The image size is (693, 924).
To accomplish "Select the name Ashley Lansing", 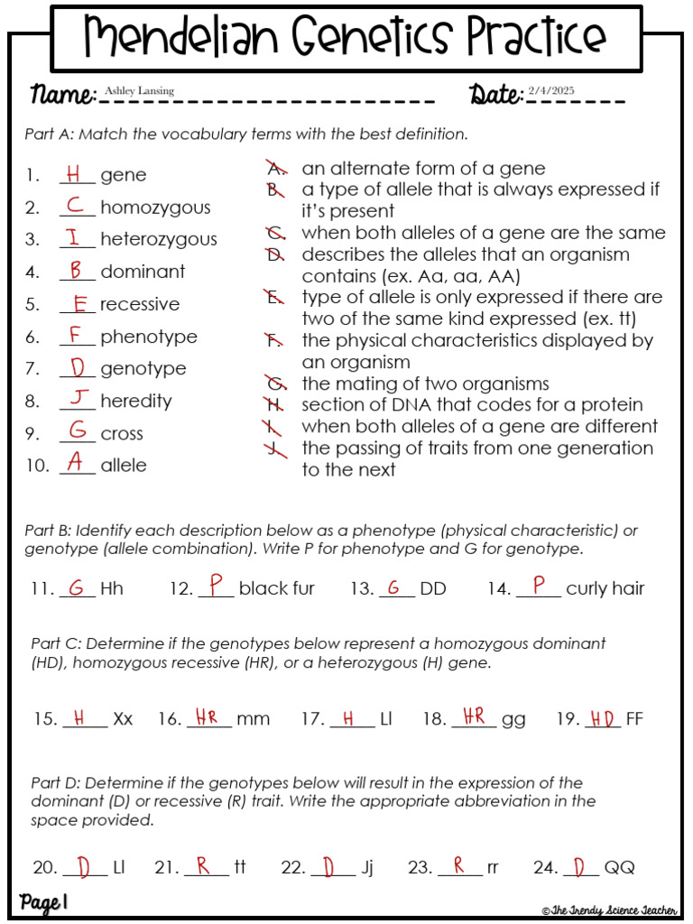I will tap(139, 91).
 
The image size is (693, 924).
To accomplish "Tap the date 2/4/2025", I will tap(551, 91).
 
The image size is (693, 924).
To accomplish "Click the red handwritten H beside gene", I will tap(76, 173).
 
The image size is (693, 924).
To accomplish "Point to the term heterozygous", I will tap(158, 239).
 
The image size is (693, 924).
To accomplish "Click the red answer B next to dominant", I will tap(77, 270).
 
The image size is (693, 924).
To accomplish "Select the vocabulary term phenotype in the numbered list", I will tap(148, 337).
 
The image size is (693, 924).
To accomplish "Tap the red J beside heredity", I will tap(79, 399).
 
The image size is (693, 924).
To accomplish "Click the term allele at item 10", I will tap(123, 466).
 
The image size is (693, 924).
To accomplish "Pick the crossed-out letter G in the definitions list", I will tap(275, 383).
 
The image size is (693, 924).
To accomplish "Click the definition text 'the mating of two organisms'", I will tap(425, 383).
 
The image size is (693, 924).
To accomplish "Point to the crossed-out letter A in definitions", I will tap(275, 169).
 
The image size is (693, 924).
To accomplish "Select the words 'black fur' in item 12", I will tap(276, 588).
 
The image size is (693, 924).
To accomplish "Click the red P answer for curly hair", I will tap(539, 587).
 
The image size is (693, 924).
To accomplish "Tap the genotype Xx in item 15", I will tap(123, 719).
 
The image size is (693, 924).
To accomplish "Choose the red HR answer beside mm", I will tap(207, 717).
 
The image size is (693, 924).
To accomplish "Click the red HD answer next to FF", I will tap(602, 719).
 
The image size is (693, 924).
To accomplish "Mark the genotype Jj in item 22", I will tap(366, 868).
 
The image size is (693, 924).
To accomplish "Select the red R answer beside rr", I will tap(459, 866).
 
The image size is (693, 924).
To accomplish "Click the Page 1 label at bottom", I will tap(43, 902).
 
